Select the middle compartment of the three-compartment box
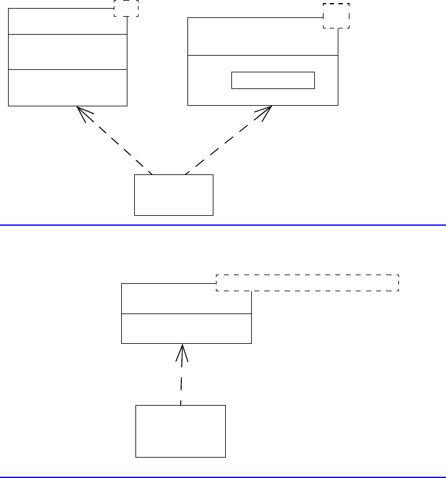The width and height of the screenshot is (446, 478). click(x=67, y=52)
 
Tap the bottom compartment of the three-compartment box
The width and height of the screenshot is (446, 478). click(x=67, y=87)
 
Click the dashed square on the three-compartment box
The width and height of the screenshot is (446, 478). click(x=127, y=8)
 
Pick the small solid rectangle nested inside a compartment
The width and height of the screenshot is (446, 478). click(x=273, y=80)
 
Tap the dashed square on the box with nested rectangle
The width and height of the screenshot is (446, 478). click(x=337, y=16)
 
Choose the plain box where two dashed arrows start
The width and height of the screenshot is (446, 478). click(x=173, y=195)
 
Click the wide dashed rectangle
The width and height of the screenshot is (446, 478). click(x=307, y=283)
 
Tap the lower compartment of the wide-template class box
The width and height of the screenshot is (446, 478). click(x=186, y=328)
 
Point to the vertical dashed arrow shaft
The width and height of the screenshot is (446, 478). click(x=181, y=383)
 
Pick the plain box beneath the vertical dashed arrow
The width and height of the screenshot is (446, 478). click(x=181, y=431)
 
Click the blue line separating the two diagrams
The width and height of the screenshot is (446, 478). click(x=223, y=225)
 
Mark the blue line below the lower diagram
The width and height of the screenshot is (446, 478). click(x=223, y=477)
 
